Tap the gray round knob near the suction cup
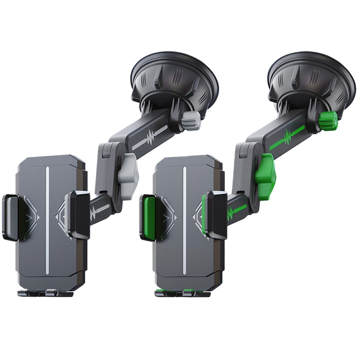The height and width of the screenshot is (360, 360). (191, 121)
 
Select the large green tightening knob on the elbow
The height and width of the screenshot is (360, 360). (266, 176)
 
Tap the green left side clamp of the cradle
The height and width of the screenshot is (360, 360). (147, 217)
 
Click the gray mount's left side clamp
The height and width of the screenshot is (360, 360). (10, 217)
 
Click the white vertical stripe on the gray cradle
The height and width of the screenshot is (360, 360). (47, 220)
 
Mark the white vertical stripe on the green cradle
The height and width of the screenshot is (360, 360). (184, 220)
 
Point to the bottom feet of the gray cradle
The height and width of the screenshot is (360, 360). (45, 293)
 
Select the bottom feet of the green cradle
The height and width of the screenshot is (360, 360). (182, 293)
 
